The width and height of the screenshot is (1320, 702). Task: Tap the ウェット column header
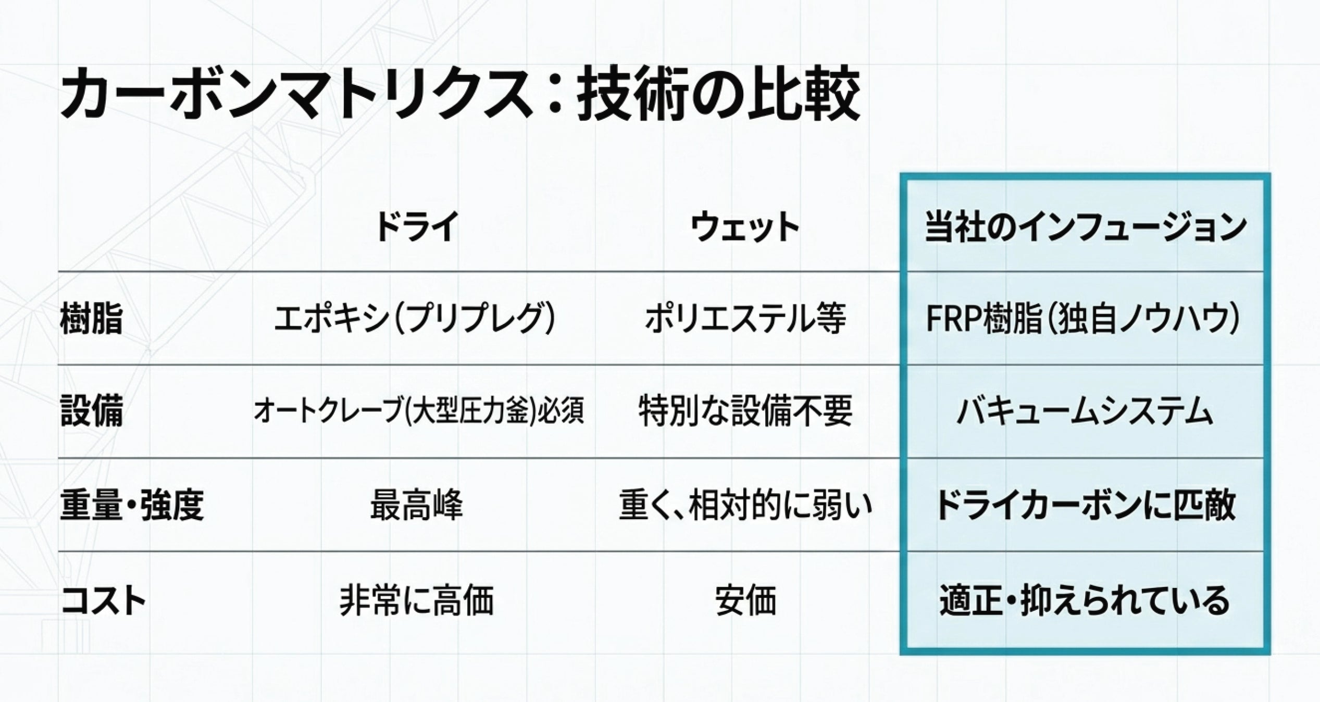click(745, 227)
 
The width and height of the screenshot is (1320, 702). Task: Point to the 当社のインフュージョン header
click(1086, 227)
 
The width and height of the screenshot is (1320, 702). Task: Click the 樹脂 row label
click(92, 319)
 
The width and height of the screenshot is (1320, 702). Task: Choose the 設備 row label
click(92, 412)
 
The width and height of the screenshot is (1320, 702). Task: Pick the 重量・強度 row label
click(132, 505)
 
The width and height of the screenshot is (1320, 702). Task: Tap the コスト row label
click(103, 599)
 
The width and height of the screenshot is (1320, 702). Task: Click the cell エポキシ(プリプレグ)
click(415, 319)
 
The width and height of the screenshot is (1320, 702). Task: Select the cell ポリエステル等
click(745, 319)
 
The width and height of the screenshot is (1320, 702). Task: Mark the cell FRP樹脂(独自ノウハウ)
click(1083, 319)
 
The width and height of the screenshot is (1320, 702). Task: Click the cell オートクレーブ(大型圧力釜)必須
click(419, 411)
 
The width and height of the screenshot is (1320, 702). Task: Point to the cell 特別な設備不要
click(745, 411)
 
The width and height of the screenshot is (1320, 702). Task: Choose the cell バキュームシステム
click(1085, 412)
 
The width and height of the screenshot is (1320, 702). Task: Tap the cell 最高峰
click(417, 505)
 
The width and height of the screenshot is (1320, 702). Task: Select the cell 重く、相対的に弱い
click(745, 505)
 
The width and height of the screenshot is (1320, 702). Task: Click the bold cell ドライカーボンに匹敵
click(1086, 505)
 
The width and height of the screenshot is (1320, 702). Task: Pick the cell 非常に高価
click(417, 599)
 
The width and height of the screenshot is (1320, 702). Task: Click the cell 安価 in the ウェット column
click(745, 599)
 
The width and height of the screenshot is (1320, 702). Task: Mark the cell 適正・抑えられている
click(1085, 600)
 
